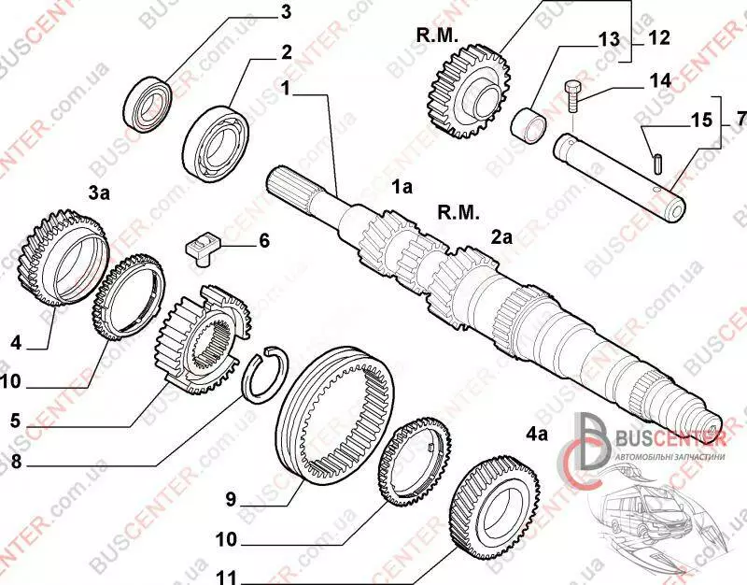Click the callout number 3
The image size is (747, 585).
[286, 12]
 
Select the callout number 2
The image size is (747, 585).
[287, 51]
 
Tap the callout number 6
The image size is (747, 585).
[263, 241]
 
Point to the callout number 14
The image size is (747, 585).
[659, 80]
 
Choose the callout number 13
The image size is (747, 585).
[609, 39]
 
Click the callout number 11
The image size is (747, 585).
[228, 576]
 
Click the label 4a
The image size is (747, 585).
[536, 434]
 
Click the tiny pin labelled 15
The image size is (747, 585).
[659, 161]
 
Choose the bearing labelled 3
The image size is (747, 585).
[149, 102]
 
